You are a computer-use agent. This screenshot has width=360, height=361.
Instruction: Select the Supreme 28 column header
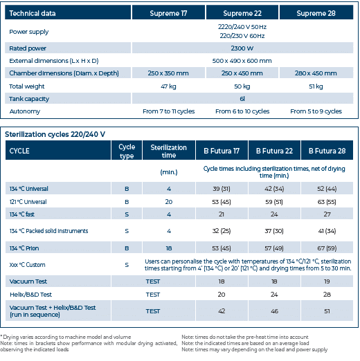(316, 13)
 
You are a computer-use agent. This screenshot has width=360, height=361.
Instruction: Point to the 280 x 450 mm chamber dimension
(316, 73)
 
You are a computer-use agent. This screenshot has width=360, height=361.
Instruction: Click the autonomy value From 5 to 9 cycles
(316, 111)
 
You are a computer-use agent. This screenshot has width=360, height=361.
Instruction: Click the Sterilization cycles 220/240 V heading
(55, 133)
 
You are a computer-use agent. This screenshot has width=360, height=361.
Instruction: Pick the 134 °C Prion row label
(28, 247)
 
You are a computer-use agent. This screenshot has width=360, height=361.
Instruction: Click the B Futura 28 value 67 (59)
(325, 247)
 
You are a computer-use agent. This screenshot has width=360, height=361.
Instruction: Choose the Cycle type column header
(127, 151)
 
